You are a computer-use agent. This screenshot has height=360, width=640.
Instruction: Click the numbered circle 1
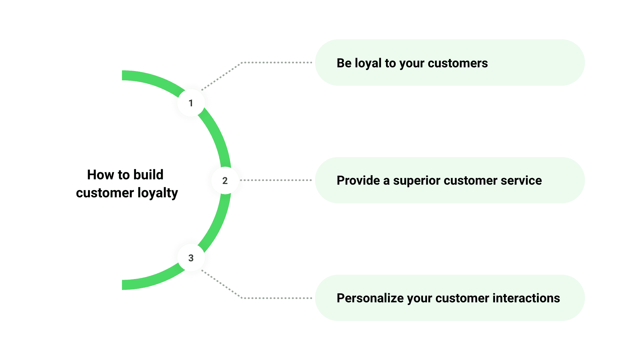click(x=191, y=103)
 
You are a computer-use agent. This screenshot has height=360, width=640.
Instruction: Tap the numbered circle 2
click(x=225, y=180)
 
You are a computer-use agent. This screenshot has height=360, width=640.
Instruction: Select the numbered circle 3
click(x=191, y=258)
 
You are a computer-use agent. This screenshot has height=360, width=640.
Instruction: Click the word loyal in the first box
click(x=368, y=63)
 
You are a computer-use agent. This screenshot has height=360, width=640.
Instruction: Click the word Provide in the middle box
click(x=358, y=180)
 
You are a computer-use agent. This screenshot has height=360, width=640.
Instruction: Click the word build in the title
click(x=148, y=175)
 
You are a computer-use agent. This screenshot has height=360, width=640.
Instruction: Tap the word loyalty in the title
click(x=158, y=193)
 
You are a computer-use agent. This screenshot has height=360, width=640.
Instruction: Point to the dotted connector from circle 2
click(x=276, y=180)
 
